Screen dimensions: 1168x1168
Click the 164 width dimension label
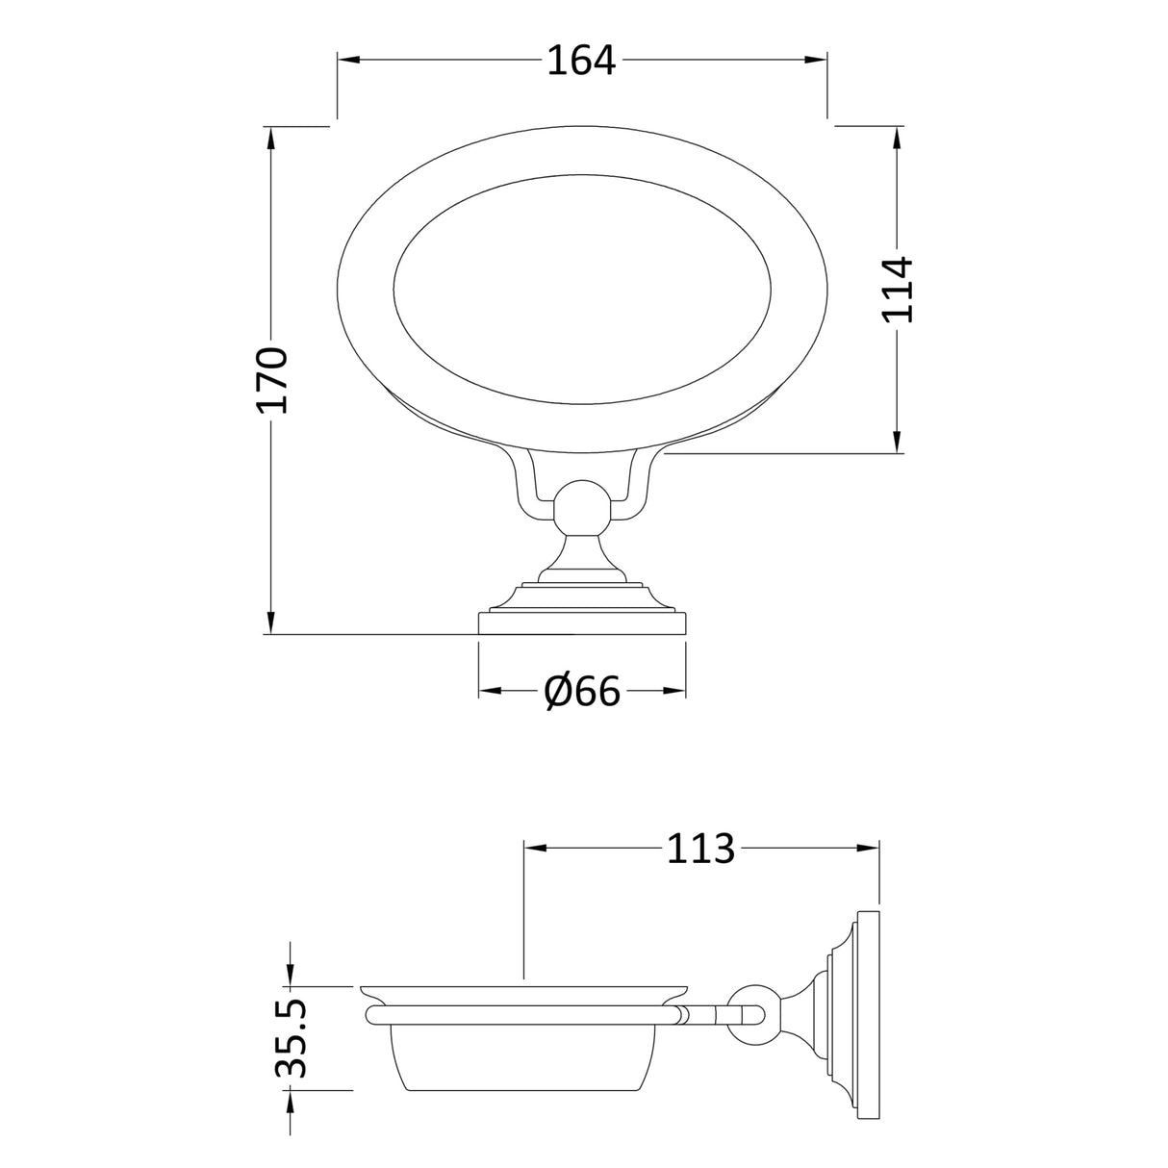(x=581, y=61)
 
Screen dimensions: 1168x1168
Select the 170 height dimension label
(x=272, y=380)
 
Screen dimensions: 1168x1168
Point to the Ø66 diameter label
(x=582, y=691)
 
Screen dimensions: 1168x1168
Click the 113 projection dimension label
(x=700, y=848)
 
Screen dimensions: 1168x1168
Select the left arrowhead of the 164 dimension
(x=347, y=61)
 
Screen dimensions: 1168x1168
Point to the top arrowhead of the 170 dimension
(x=272, y=138)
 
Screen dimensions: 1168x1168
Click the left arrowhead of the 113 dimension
(x=534, y=848)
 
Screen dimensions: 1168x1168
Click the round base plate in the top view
(x=582, y=623)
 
